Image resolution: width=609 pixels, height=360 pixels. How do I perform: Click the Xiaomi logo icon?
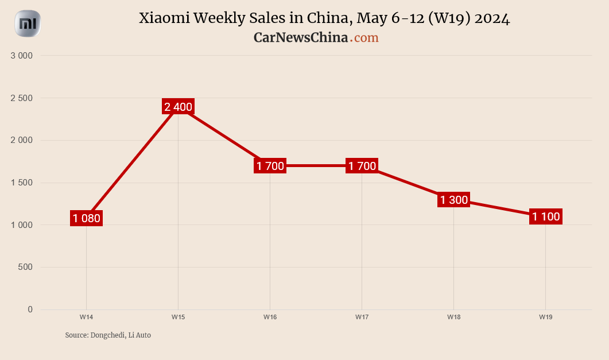pos(28,24)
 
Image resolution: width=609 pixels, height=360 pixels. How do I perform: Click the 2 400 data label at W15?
pos(178,106)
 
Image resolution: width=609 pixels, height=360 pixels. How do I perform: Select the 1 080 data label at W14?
pos(86,218)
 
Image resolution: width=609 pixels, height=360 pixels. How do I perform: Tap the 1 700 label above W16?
pos(270,166)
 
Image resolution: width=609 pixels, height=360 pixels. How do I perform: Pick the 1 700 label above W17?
pos(362,166)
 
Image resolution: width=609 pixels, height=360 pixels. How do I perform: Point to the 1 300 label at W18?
pos(453,200)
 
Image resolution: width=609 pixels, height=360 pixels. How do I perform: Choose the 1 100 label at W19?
pos(545,216)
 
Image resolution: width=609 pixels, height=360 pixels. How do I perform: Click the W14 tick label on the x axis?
pos(86,317)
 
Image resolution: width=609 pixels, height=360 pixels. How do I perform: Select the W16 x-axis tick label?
pos(270,317)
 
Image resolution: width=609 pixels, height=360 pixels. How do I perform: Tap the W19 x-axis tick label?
pos(545,317)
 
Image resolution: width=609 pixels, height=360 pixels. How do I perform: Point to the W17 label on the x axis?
pos(362,317)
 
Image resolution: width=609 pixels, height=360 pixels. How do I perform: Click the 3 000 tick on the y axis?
pos(22,56)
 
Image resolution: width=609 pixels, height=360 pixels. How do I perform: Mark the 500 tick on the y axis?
pos(25,267)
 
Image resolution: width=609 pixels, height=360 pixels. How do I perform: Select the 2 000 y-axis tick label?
pos(22,140)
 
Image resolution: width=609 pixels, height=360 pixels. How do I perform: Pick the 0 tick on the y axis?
pos(30,309)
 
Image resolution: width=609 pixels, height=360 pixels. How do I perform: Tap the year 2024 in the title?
pos(492,18)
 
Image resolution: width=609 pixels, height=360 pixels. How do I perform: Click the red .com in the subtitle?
pos(365,37)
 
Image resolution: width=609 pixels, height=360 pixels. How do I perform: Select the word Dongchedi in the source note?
pos(107,335)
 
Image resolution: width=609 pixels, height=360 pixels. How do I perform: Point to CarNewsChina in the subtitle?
pos(301,37)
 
